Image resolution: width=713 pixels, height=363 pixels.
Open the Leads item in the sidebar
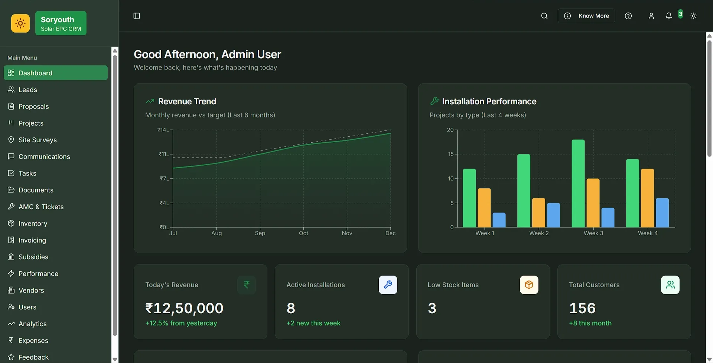[x=27, y=90]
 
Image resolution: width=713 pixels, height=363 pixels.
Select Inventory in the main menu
[x=33, y=224]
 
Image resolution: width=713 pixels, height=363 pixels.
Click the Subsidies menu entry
[x=33, y=257]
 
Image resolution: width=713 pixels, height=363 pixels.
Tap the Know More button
[x=586, y=16]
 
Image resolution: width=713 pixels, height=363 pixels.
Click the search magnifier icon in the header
[x=544, y=16]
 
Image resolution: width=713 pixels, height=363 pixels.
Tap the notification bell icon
[x=668, y=16]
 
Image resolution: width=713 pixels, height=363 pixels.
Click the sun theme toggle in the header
[x=693, y=16]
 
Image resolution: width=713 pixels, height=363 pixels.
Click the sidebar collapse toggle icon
[x=137, y=16]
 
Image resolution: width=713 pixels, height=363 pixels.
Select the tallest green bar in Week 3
[x=578, y=183]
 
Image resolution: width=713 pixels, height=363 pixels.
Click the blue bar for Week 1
[x=499, y=220]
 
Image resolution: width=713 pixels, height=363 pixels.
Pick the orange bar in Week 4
[x=647, y=198]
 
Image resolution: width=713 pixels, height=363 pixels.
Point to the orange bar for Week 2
[x=538, y=213]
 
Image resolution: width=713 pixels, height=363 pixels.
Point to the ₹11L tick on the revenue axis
[x=164, y=154]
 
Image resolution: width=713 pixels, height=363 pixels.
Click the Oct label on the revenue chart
[x=303, y=233]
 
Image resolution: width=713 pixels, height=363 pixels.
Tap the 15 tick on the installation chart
[x=451, y=154]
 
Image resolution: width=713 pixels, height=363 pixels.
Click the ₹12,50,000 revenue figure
[x=184, y=308]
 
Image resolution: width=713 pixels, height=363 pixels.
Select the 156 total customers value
[x=582, y=308]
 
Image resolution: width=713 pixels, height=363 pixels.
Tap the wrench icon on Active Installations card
[x=388, y=285]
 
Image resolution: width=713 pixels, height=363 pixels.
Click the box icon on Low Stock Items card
[x=529, y=285]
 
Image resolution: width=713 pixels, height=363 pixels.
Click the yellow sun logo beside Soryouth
[x=20, y=23]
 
